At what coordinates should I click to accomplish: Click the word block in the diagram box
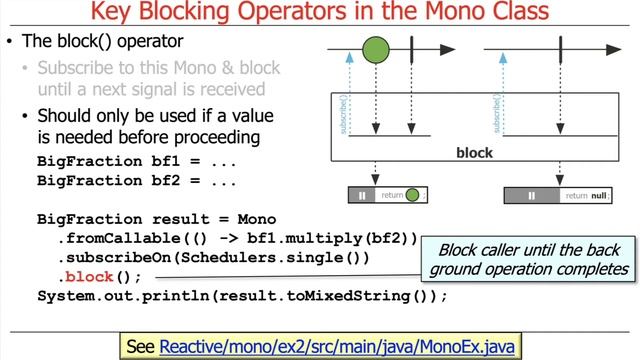coord(474,153)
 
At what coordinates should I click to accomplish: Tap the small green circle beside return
coord(413,195)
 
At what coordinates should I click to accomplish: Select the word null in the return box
coord(599,196)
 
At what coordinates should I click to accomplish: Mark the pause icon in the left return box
coord(363,195)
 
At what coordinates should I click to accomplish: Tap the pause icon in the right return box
coord(532,196)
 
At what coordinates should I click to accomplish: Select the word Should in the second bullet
coord(67,115)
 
